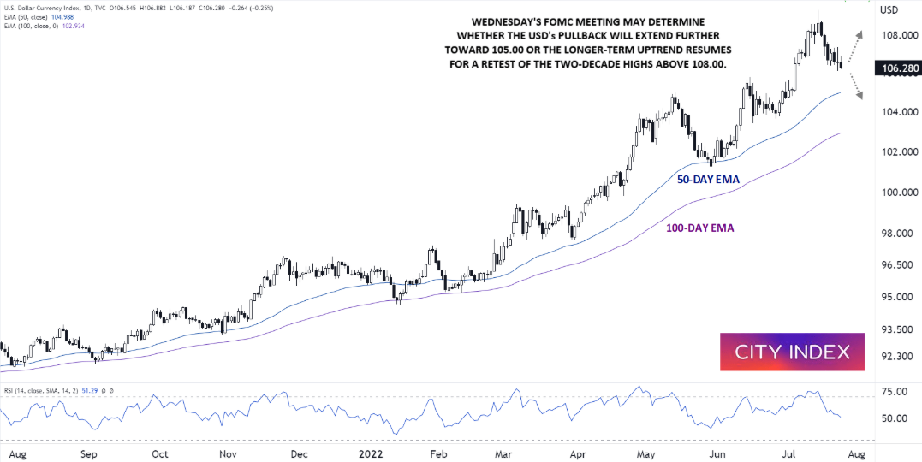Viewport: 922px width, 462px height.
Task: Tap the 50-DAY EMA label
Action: [x=707, y=180]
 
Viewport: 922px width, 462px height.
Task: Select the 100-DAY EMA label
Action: [x=699, y=228]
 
